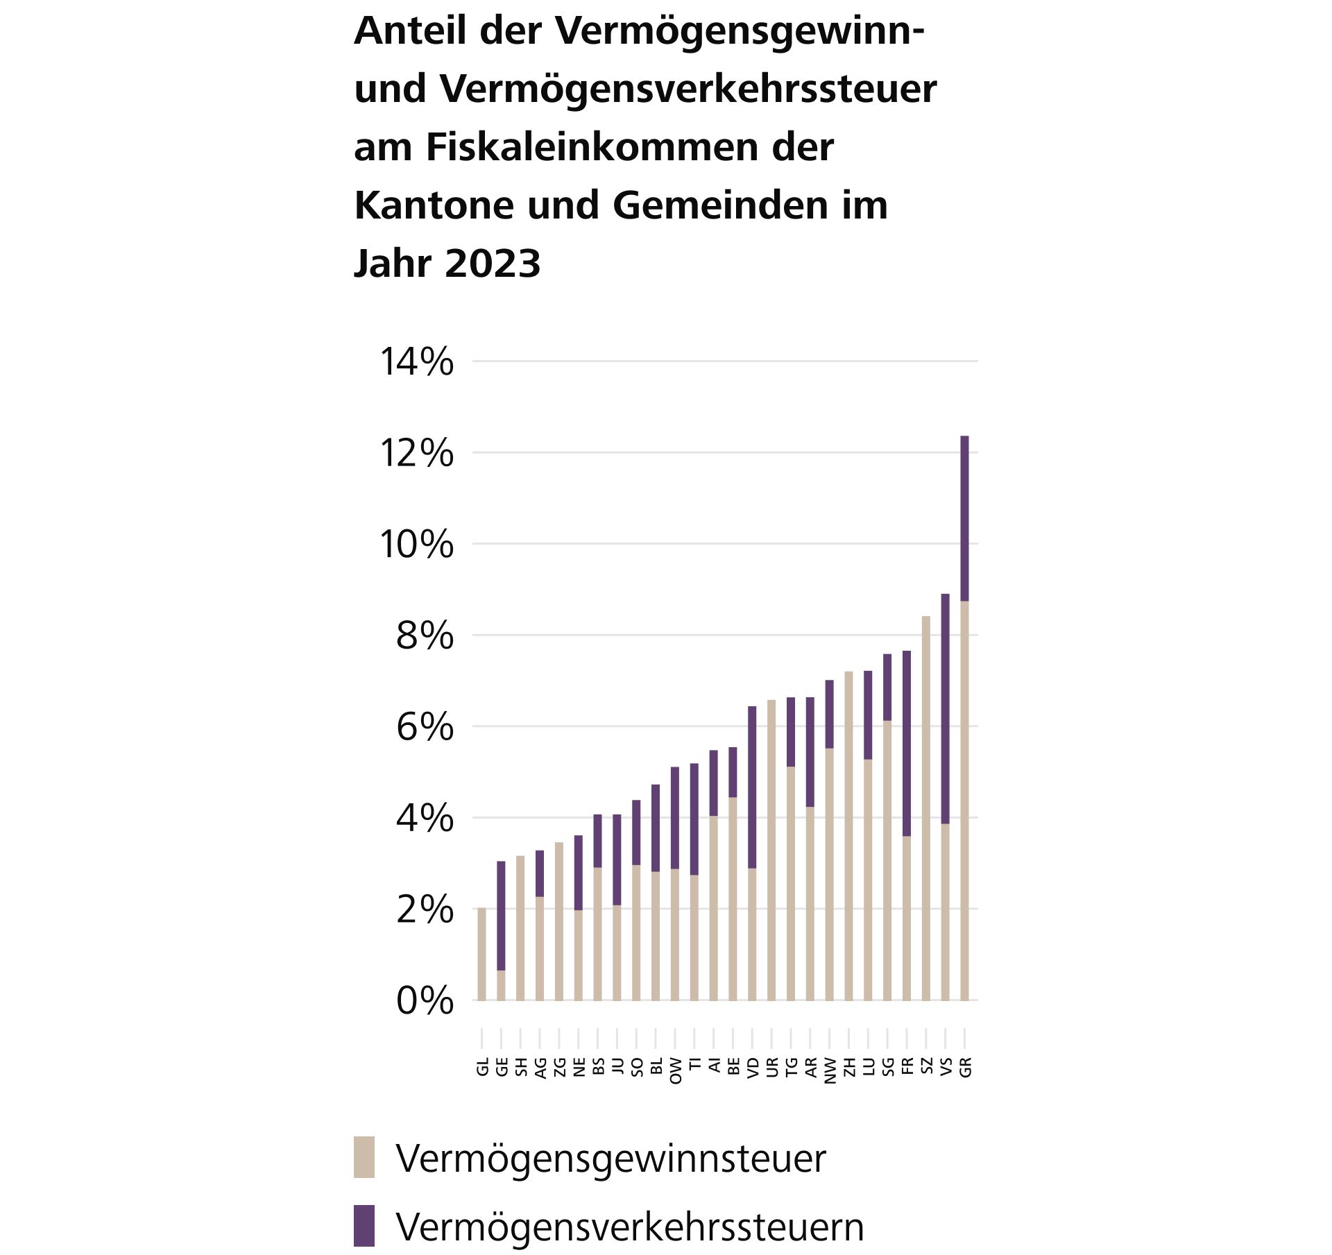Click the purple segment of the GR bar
click(x=964, y=518)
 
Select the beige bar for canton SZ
click(x=925, y=808)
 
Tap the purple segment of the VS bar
click(x=945, y=708)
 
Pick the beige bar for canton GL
click(x=481, y=954)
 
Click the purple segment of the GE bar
click(x=501, y=916)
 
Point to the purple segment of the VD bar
click(x=752, y=787)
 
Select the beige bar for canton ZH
click(x=848, y=836)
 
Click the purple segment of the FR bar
click(x=907, y=743)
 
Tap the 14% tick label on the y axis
click(x=416, y=362)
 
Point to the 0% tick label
click(x=425, y=1001)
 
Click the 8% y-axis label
click(x=425, y=636)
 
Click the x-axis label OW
click(x=675, y=1070)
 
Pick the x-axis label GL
click(x=482, y=1067)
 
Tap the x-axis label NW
click(x=829, y=1070)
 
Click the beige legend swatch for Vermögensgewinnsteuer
click(x=364, y=1157)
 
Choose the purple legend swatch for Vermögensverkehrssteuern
click(x=364, y=1226)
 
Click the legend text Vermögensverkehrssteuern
click(x=630, y=1227)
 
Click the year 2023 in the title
click(x=492, y=264)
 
